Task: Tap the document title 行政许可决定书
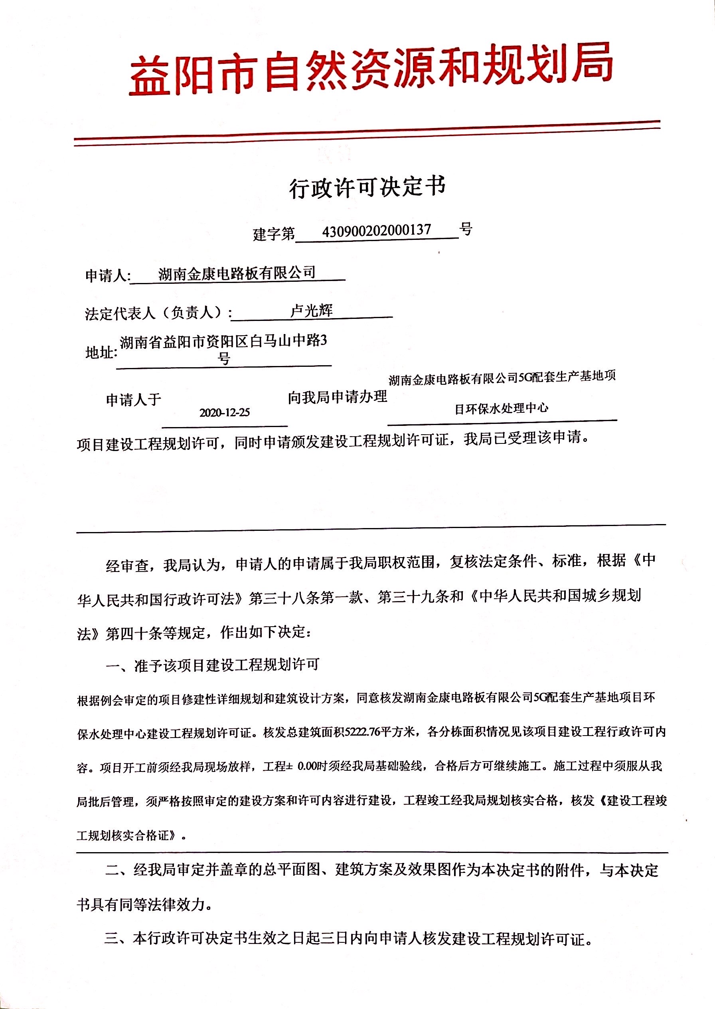(367, 187)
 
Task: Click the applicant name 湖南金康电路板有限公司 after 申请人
(237, 273)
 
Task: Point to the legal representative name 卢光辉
(312, 311)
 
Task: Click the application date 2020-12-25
(225, 412)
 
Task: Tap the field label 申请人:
(107, 276)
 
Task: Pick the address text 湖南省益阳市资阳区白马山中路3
(224, 341)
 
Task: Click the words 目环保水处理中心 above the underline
(502, 408)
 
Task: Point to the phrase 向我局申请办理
(337, 397)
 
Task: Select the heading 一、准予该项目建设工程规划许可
(212, 665)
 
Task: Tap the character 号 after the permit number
(465, 229)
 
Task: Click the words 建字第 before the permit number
(274, 233)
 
